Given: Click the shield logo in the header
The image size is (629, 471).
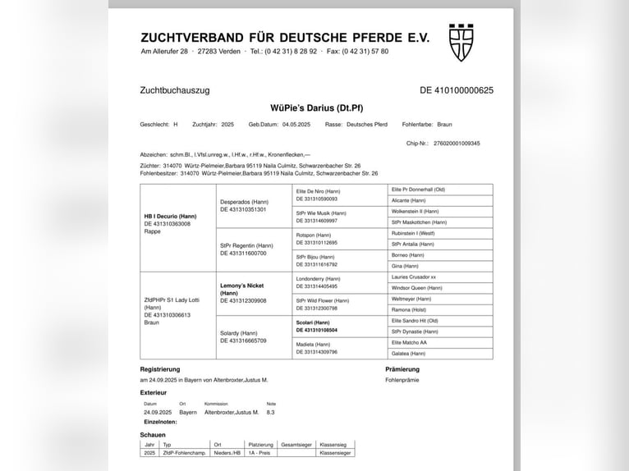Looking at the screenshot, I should tap(461, 42).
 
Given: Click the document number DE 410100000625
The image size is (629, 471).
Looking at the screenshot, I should tap(457, 90).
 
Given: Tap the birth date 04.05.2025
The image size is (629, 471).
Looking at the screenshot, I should tap(296, 125).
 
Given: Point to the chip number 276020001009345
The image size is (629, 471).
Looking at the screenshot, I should tap(457, 144).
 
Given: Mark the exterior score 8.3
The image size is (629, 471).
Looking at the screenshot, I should tap(271, 412).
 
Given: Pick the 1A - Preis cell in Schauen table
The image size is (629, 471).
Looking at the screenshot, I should tap(261, 453).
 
